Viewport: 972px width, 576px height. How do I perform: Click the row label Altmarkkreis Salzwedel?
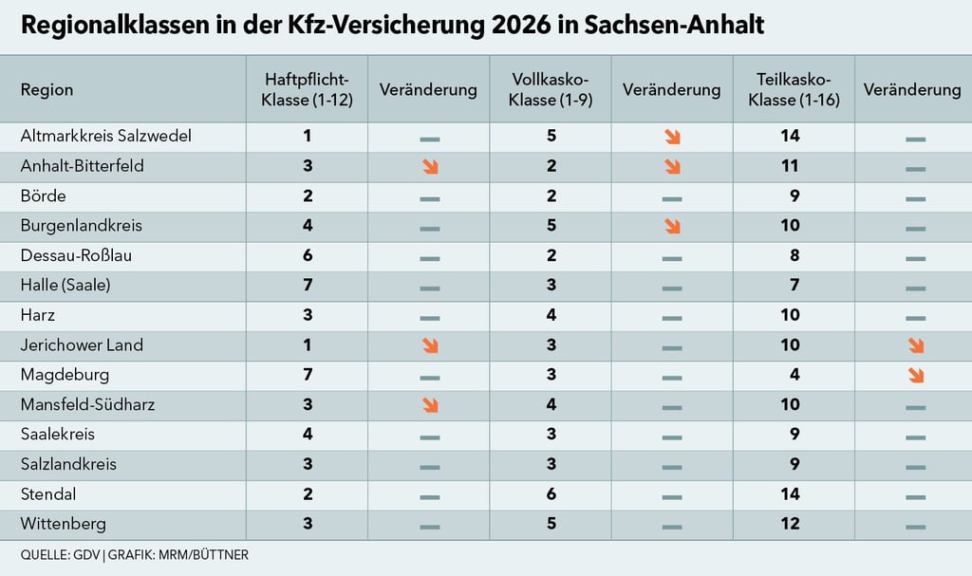(x=106, y=136)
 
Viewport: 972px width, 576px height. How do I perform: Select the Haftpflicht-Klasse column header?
(x=307, y=90)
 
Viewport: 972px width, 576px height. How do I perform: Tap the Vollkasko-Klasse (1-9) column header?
(x=551, y=90)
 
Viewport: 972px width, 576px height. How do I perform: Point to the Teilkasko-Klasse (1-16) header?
(x=794, y=90)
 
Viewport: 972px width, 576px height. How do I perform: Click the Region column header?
(x=47, y=90)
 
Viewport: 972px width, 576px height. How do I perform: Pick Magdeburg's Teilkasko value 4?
(x=794, y=375)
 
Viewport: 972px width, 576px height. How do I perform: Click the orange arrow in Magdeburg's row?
(x=916, y=376)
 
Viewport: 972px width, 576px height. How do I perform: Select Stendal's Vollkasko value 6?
(x=551, y=494)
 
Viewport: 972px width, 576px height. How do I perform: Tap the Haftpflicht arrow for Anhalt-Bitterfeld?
(x=429, y=167)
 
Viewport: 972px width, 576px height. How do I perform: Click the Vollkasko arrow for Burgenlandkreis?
(x=672, y=227)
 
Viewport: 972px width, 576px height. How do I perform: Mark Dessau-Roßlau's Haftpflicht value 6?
(x=307, y=255)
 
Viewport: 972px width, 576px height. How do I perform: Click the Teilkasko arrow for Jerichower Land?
(x=916, y=346)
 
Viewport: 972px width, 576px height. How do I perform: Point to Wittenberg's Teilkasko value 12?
(x=790, y=524)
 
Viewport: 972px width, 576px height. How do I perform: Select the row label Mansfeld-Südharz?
(x=87, y=405)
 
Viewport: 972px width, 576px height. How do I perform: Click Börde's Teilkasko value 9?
(x=794, y=196)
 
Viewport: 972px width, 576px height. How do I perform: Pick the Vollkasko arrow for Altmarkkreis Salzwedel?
(x=672, y=138)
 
